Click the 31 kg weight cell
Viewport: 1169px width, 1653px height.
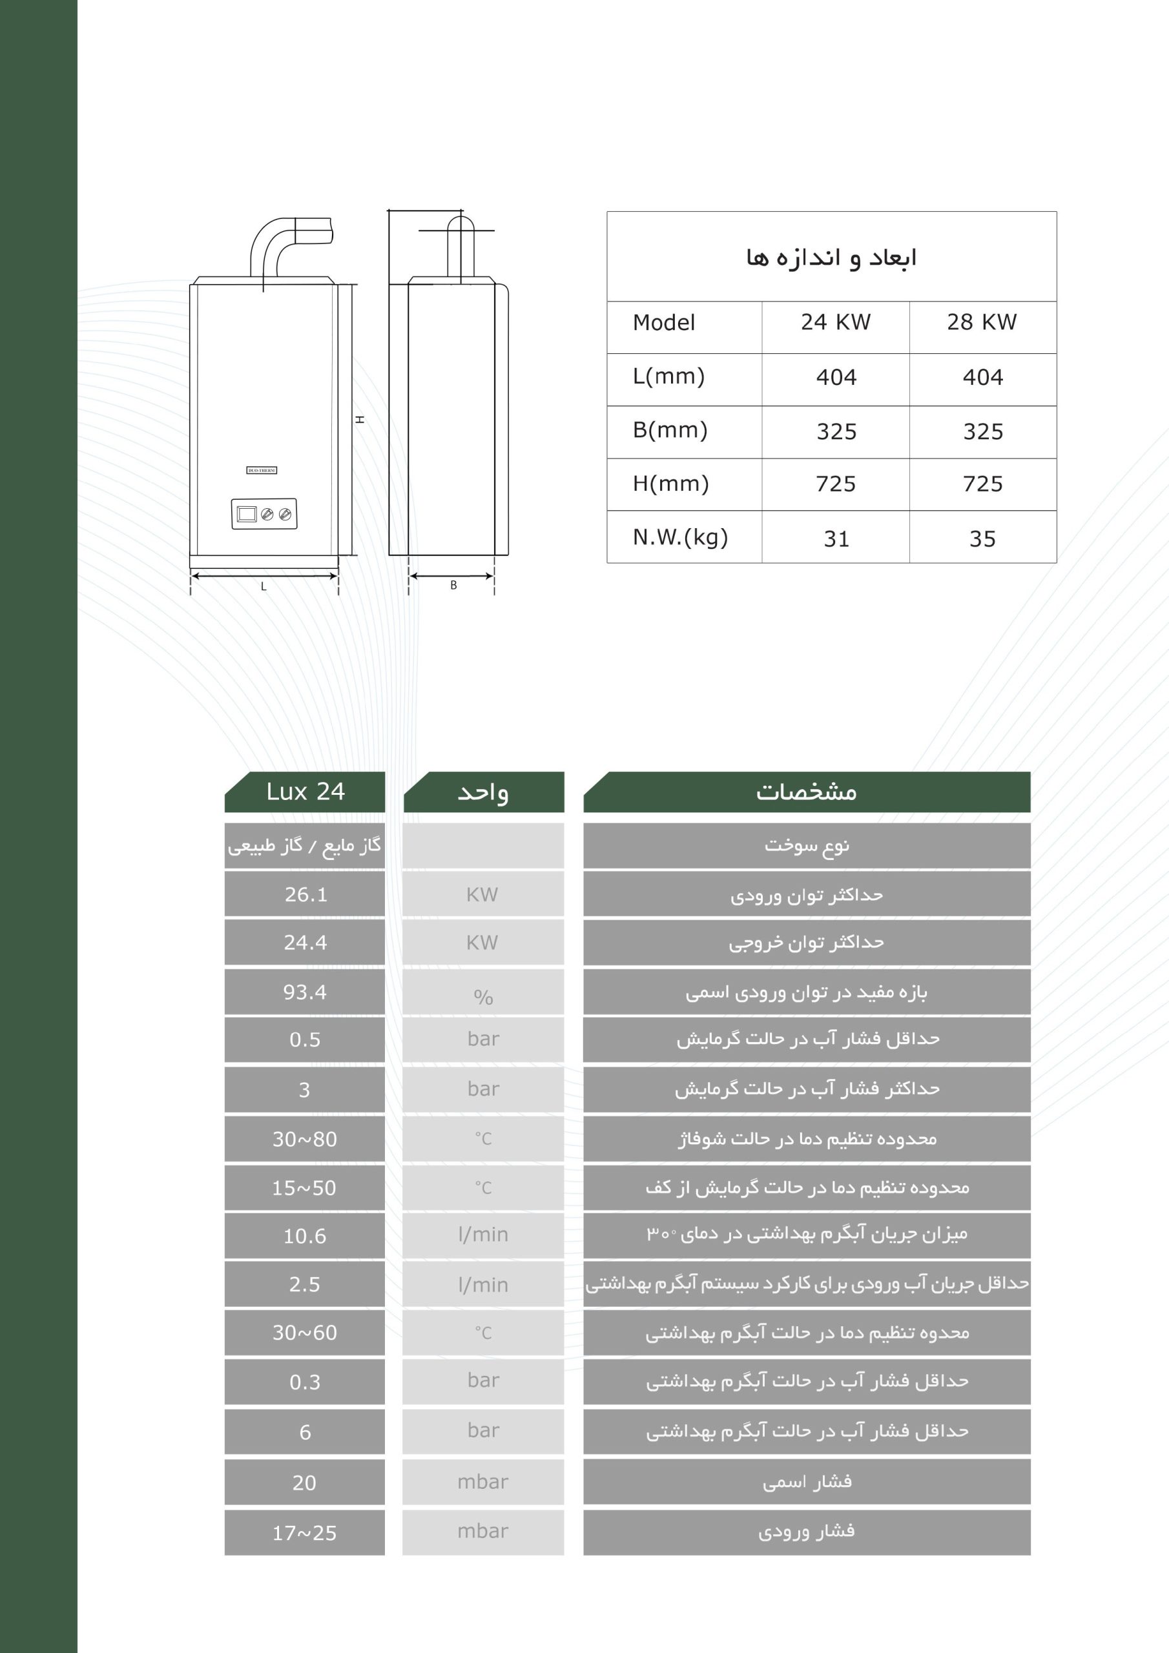pos(836,539)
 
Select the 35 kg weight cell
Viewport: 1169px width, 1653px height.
pos(982,539)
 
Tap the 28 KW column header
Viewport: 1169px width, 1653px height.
pos(982,323)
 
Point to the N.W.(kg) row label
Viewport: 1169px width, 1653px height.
pos(681,537)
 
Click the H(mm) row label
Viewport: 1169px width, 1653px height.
pos(670,484)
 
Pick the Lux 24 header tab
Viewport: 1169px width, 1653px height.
pos(305,792)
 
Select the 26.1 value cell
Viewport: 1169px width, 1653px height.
pos(305,894)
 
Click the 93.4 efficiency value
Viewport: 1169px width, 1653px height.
pos(305,992)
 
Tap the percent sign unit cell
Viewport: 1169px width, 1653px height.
pos(483,996)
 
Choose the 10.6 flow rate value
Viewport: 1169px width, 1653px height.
pos(305,1236)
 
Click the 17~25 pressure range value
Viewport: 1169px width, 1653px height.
pos(305,1533)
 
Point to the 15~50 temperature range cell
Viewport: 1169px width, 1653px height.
pos(305,1188)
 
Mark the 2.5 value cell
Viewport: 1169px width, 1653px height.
pos(305,1284)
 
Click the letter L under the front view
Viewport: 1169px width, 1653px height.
pos(264,587)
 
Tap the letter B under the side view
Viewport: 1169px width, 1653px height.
pos(453,585)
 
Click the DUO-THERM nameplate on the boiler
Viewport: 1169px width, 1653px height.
pos(262,470)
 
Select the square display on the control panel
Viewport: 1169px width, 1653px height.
pos(246,514)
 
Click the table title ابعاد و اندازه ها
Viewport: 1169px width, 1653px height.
pos(831,258)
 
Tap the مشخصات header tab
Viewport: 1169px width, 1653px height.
pos(807,792)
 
